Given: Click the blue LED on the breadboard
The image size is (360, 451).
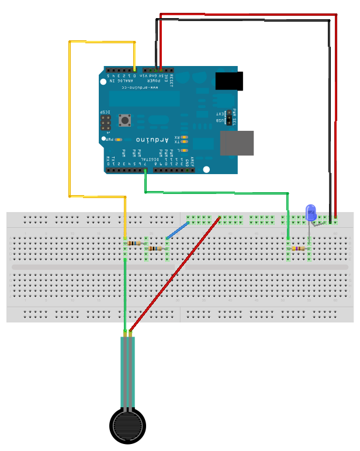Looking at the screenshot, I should tap(311, 211).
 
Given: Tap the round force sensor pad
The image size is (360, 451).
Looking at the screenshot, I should tap(127, 424).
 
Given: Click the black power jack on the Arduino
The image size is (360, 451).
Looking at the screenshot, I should tap(229, 81).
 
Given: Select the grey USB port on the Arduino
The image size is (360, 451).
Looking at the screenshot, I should tap(237, 143).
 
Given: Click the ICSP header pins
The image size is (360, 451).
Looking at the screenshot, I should tap(106, 122).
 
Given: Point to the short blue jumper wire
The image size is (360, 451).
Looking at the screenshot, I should tap(178, 230).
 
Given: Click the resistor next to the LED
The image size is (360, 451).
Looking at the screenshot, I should tap(299, 248).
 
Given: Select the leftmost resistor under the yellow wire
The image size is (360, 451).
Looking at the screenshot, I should tap(134, 243).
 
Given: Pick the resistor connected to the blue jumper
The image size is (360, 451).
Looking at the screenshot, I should tap(155, 248).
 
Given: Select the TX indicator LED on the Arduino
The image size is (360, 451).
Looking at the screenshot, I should tap(185, 141).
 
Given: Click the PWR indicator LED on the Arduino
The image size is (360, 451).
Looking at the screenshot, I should tap(118, 140).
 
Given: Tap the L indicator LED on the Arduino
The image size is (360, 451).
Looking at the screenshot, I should tap(185, 150).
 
